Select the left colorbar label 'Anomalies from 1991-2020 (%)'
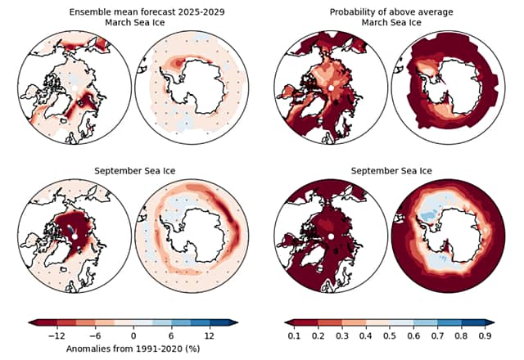pos(133,347)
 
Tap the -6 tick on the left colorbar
pos(95,335)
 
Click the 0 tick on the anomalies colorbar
pos(133,335)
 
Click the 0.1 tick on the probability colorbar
pos(293,335)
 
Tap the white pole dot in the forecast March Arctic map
pos(74,88)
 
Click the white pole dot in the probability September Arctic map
pos(331,236)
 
